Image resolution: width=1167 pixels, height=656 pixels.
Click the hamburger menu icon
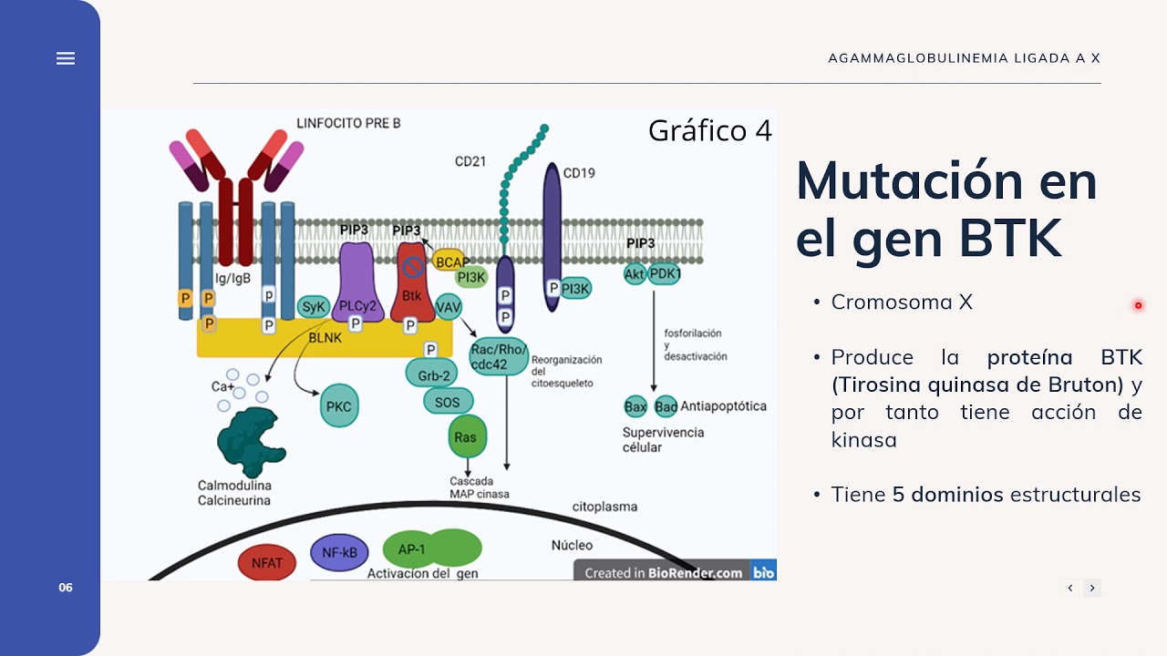pos(66,58)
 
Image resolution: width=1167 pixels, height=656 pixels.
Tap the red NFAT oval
pos(267,562)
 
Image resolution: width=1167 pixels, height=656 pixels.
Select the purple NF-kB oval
pos(339,552)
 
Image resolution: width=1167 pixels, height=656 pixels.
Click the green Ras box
pos(465,437)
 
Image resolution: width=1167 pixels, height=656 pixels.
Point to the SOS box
pos(448,402)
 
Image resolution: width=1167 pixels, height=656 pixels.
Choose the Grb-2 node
pos(434,374)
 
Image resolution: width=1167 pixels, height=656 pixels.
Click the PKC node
pos(338,406)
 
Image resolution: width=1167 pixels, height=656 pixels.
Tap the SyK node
pos(314,307)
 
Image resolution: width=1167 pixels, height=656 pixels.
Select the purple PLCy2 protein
pos(356,282)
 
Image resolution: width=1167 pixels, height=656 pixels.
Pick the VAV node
pos(449,307)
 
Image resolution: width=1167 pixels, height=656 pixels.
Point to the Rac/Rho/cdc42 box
pos(499,357)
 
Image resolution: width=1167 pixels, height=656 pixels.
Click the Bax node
pos(635,406)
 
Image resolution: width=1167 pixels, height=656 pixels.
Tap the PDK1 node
pos(666,273)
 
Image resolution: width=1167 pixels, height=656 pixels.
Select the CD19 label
pos(579,172)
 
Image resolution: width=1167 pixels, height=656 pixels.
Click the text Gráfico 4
pos(709,131)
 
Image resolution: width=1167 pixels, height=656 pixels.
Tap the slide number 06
pos(66,588)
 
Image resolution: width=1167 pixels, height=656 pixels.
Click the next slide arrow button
pos(1092,588)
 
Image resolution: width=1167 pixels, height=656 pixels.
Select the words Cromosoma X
pos(902,302)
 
